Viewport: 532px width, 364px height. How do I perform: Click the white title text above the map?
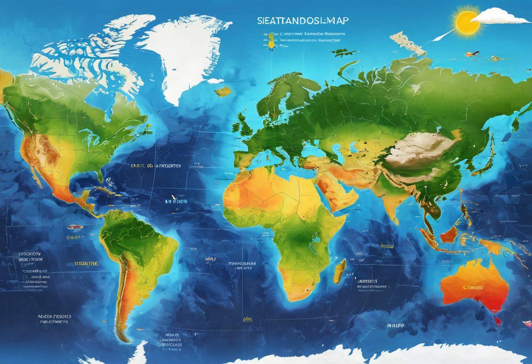[x=300, y=20]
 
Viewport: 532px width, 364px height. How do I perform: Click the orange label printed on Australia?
[x=473, y=288]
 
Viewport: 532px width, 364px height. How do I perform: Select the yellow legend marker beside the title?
[x=270, y=43]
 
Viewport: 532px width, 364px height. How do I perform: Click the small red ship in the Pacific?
[x=75, y=227]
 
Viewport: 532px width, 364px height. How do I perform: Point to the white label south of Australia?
[x=395, y=326]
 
